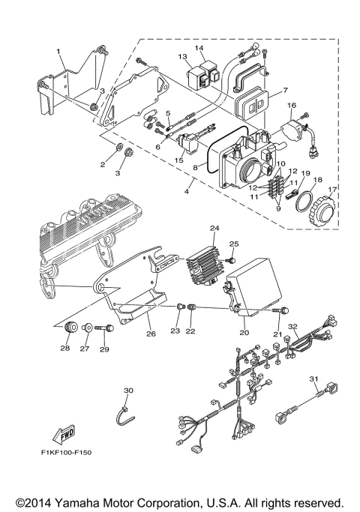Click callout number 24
click(214, 228)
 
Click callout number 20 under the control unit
click(244, 331)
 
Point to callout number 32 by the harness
click(294, 327)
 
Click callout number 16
click(292, 106)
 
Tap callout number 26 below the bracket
click(150, 334)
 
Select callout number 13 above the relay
click(181, 57)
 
